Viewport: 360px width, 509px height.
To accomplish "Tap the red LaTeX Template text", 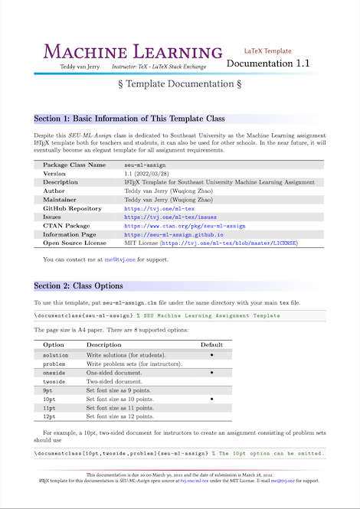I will point(268,48).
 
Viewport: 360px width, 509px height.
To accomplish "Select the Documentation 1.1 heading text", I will point(268,64).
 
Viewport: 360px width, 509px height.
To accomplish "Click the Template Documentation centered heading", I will point(180,83).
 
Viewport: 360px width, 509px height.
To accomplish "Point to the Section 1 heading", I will point(129,119).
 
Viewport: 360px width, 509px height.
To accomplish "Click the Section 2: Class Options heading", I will point(78,265).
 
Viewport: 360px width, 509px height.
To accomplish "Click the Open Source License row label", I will point(75,243).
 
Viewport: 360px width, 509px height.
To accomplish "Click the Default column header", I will point(211,345).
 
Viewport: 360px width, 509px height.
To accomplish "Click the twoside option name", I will point(56,380).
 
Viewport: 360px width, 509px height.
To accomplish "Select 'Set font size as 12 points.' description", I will point(120,416).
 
